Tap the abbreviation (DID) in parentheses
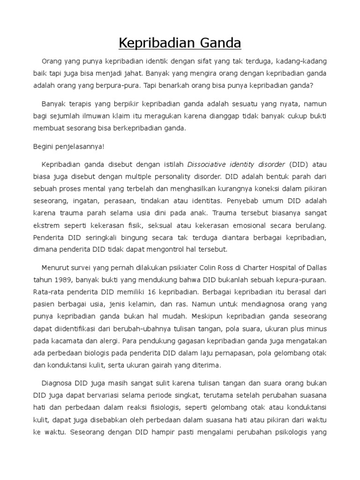coord(298,165)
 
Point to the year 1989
coord(64,280)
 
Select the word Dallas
coord(315,268)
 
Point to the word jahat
coord(129,74)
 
